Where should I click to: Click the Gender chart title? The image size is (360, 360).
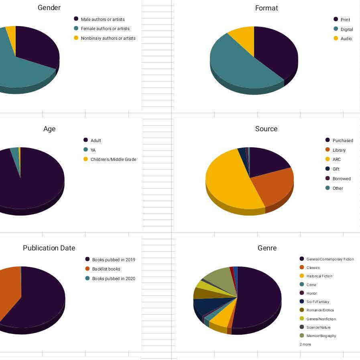click(x=49, y=8)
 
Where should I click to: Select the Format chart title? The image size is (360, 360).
click(x=266, y=8)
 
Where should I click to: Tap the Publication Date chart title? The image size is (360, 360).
click(x=49, y=248)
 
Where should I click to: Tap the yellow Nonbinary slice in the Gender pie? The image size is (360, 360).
click(x=11, y=32)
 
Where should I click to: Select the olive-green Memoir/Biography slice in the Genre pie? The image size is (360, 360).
click(x=219, y=277)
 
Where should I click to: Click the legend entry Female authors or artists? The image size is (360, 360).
click(x=105, y=29)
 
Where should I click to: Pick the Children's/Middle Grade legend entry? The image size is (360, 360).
click(x=113, y=159)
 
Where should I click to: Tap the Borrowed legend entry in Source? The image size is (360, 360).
click(x=341, y=179)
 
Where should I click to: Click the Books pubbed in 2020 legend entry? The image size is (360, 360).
click(x=114, y=279)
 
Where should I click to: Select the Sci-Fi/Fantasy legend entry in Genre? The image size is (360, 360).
click(x=317, y=302)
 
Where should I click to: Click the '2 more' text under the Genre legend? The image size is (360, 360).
click(x=305, y=344)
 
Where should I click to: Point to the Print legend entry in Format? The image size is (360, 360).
click(x=345, y=20)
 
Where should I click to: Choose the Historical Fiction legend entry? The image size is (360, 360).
click(x=319, y=276)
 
